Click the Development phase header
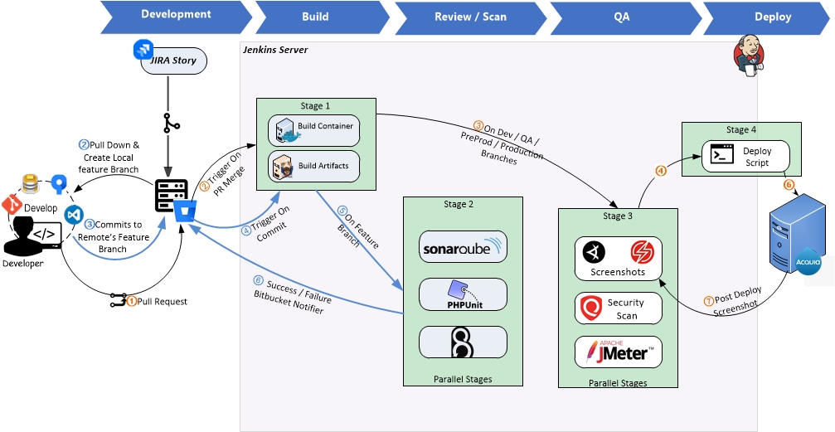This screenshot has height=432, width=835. click(x=175, y=15)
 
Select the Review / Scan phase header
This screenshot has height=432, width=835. click(x=470, y=16)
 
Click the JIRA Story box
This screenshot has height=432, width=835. click(x=172, y=61)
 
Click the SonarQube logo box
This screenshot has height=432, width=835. click(x=463, y=247)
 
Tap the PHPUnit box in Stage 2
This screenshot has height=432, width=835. click(x=463, y=294)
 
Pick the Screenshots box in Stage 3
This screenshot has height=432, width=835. click(x=618, y=259)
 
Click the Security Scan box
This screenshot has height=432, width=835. click(x=618, y=308)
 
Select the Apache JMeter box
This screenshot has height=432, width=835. click(x=618, y=352)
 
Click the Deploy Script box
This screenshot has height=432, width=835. click(x=745, y=157)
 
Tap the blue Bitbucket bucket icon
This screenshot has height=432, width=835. click(x=185, y=211)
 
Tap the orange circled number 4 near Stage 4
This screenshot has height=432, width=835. click(x=661, y=172)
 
